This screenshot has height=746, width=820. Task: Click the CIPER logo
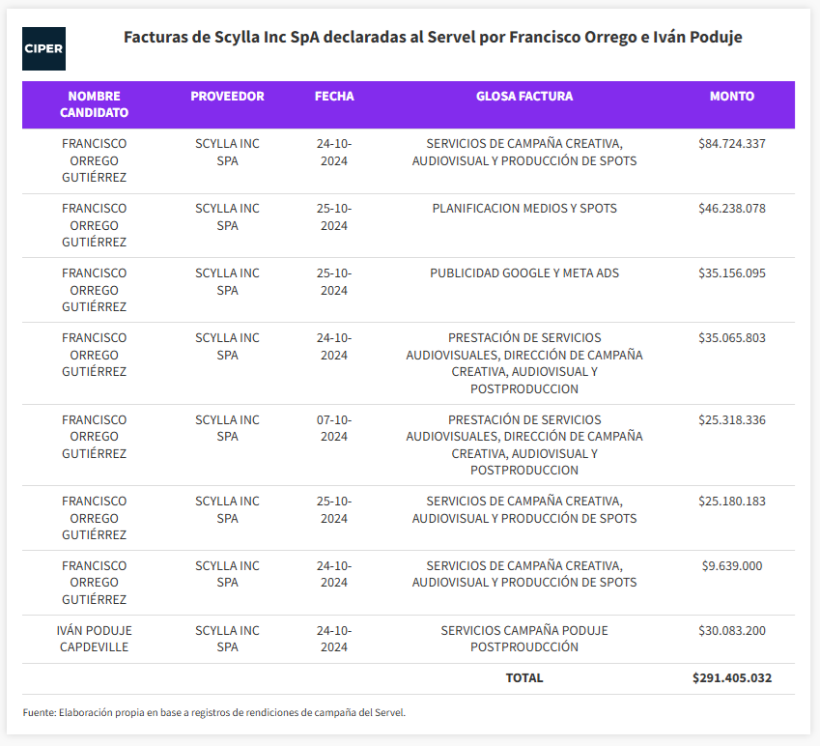click(43, 48)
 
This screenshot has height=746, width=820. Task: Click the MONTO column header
click(731, 97)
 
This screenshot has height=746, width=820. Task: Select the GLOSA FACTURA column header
click(524, 97)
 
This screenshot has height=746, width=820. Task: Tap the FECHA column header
click(334, 97)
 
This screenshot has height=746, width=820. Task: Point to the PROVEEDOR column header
click(227, 97)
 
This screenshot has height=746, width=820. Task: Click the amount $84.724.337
click(731, 143)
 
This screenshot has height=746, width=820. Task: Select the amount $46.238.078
click(731, 208)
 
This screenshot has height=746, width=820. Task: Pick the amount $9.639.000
click(731, 565)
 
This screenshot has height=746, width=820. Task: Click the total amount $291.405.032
click(731, 678)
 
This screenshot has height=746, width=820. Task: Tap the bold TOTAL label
click(524, 678)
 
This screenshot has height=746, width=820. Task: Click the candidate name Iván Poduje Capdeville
click(94, 639)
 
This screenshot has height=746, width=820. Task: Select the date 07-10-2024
click(334, 428)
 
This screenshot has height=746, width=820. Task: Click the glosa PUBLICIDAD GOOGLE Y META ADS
click(524, 273)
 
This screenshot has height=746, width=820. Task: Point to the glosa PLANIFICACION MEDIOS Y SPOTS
click(524, 208)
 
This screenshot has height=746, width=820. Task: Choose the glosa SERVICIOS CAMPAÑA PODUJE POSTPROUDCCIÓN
click(524, 639)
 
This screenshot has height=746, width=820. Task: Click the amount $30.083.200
click(731, 630)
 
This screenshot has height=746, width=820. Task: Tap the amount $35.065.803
click(731, 337)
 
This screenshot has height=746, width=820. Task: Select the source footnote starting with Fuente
click(213, 712)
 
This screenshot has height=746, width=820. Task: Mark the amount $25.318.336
click(731, 419)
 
